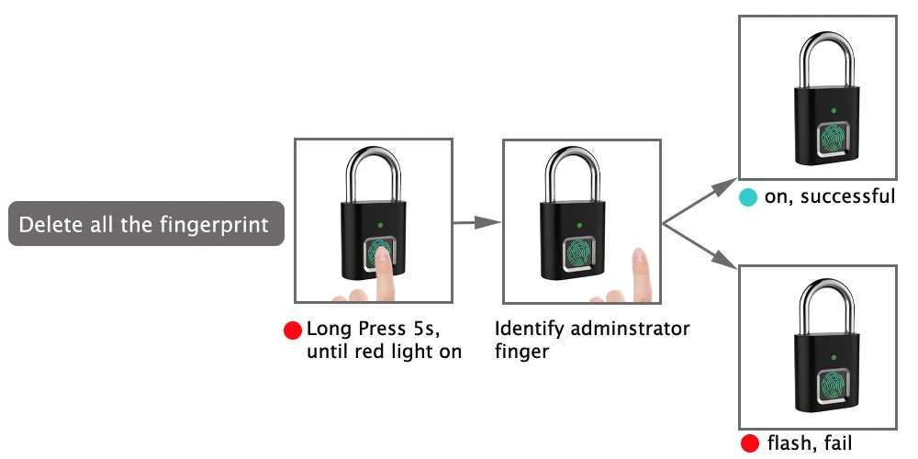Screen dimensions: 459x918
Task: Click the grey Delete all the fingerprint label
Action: pos(146,224)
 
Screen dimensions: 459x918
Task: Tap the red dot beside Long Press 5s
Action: pos(293,330)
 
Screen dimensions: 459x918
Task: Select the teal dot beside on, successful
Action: pos(748,196)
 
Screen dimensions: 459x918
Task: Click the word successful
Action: pos(848,196)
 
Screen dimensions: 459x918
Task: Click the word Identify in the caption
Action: pos(526,329)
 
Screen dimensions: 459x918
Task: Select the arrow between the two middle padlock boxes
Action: pos(477,221)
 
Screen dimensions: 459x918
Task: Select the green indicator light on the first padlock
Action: pos(378,223)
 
